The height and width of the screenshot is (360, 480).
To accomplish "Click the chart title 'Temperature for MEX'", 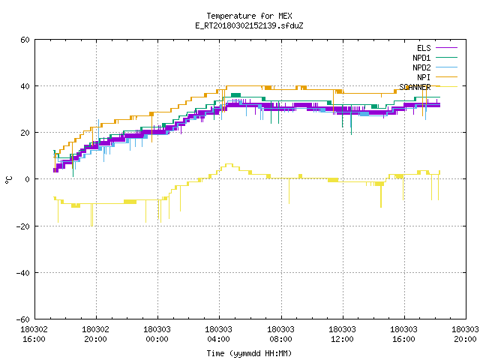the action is click(x=249, y=16).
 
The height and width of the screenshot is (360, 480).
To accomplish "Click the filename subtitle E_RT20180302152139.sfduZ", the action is click(x=249, y=25).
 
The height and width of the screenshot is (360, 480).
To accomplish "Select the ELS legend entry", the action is click(x=436, y=48).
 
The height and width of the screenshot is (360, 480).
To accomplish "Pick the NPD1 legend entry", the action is click(x=435, y=58).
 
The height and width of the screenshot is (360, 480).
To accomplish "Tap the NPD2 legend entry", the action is click(x=435, y=67).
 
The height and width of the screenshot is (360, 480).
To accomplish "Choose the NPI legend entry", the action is click(x=436, y=77).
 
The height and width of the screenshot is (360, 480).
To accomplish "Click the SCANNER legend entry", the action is click(x=428, y=87).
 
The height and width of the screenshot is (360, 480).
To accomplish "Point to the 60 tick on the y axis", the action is click(x=25, y=40).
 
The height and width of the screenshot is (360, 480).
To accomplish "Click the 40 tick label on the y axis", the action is click(x=25, y=86).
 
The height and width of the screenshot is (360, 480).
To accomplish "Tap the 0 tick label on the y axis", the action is click(x=27, y=179).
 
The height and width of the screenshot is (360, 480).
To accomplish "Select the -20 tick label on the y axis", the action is click(x=23, y=226).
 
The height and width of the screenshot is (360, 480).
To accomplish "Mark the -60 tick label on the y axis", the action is click(x=23, y=319).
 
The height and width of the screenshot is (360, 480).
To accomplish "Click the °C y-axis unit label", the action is click(x=8, y=180).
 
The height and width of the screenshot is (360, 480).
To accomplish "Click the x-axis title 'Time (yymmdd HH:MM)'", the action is click(x=249, y=353).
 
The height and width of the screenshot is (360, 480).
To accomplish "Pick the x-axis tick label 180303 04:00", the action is click(x=218, y=334).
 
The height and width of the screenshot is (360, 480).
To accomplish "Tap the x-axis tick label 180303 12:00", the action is click(x=342, y=334).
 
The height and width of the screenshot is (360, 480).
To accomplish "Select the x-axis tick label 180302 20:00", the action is click(x=95, y=334).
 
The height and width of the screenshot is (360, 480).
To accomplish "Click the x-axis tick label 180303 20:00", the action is click(x=465, y=334).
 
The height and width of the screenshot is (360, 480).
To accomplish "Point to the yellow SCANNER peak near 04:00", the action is click(x=229, y=164).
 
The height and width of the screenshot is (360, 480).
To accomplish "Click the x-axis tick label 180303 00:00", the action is click(x=157, y=334).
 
